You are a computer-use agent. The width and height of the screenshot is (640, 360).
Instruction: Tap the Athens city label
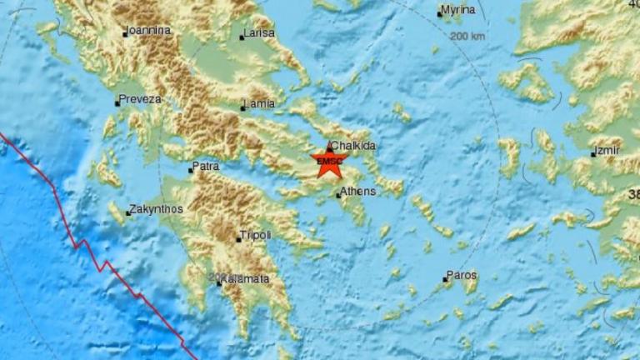pos(358,191)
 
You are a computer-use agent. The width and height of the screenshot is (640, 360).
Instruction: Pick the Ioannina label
pos(150,31)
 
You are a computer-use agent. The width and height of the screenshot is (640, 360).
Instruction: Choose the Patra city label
pos(207,167)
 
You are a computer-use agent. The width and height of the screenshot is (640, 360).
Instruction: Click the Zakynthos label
pos(157,209)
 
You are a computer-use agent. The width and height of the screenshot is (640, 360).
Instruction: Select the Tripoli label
pos(256,236)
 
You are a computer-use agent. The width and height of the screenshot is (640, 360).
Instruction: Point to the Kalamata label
pos(247,279)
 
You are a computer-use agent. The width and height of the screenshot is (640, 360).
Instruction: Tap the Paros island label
pos(462,274)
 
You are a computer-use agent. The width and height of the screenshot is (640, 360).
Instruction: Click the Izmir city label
pos(607,152)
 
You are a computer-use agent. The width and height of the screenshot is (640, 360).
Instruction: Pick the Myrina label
pos(460,10)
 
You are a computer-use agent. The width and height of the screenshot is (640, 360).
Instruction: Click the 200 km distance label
pos(467,37)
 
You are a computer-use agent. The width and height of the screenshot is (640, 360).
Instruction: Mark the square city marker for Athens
pos(338,196)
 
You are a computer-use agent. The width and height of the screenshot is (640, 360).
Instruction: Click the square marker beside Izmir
pos(592,155)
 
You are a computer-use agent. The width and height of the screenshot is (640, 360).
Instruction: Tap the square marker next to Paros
pos(446,279)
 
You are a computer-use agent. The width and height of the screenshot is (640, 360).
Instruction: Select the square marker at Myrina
pos(440,13)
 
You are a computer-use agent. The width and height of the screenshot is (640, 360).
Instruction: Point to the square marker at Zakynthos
pos(128,213)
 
